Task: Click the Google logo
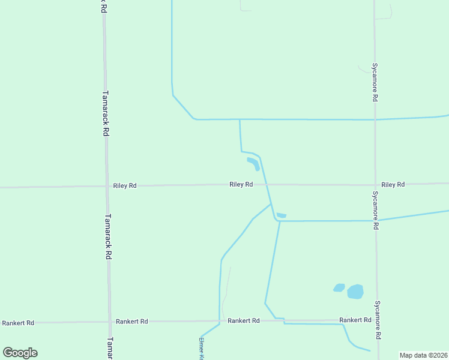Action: coord(20,353)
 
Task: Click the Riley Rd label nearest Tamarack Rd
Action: coord(125,186)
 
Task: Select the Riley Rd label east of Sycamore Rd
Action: coord(393,184)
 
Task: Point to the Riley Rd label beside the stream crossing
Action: coord(241,184)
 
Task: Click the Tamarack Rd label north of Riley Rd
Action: coord(105,113)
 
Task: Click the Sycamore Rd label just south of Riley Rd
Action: coord(376,211)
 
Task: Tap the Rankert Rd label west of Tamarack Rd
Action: coord(18,323)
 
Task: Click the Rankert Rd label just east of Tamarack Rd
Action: coord(132,322)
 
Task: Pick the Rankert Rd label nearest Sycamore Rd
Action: coord(355,320)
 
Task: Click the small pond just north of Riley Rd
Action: coord(253,163)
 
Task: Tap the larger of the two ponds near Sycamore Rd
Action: coord(355,292)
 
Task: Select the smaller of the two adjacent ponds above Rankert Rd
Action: coord(339,288)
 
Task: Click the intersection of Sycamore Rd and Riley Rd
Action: coord(375,185)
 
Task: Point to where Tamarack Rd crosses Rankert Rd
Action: coord(110,322)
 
